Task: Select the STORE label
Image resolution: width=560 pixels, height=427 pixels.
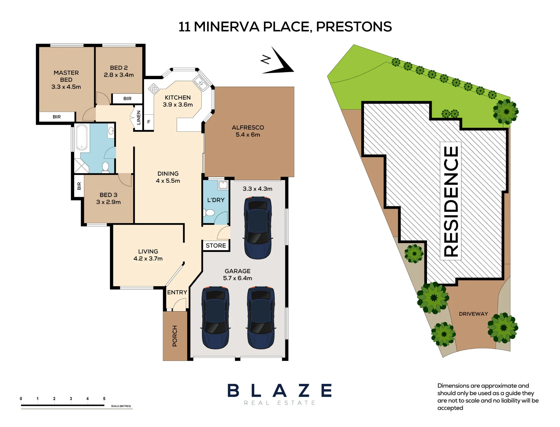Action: pyautogui.click(x=216, y=246)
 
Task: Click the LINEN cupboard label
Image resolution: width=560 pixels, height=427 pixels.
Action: pyautogui.click(x=139, y=117)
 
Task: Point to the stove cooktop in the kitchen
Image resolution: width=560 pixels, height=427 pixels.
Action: pyautogui.click(x=153, y=89)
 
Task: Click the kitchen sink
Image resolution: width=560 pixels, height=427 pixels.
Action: pyautogui.click(x=201, y=83)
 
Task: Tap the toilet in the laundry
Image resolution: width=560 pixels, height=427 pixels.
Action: pyautogui.click(x=209, y=213)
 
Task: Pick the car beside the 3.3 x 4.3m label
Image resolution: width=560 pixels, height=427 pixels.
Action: pyautogui.click(x=258, y=228)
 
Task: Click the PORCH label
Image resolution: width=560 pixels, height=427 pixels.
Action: pyautogui.click(x=175, y=336)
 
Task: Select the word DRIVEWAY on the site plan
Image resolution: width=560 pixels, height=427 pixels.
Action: pyautogui.click(x=473, y=314)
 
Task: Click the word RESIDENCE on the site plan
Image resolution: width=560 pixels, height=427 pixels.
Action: pyautogui.click(x=451, y=201)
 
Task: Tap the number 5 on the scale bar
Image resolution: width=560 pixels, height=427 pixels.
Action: pyautogui.click(x=104, y=398)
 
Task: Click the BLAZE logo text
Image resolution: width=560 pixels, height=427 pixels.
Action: pyautogui.click(x=279, y=390)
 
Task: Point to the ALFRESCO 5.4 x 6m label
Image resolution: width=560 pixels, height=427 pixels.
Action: pyautogui.click(x=248, y=131)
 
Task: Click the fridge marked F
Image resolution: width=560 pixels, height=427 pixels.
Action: pyautogui.click(x=149, y=122)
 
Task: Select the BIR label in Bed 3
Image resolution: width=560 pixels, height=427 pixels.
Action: pyautogui.click(x=79, y=186)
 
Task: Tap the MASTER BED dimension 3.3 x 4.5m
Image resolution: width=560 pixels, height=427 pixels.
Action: pyautogui.click(x=66, y=87)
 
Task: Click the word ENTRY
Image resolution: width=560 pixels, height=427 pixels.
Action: pyautogui.click(x=177, y=292)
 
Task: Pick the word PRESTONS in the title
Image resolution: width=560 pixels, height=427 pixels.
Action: pyautogui.click(x=354, y=27)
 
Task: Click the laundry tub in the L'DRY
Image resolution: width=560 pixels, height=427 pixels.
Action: pyautogui.click(x=223, y=185)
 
